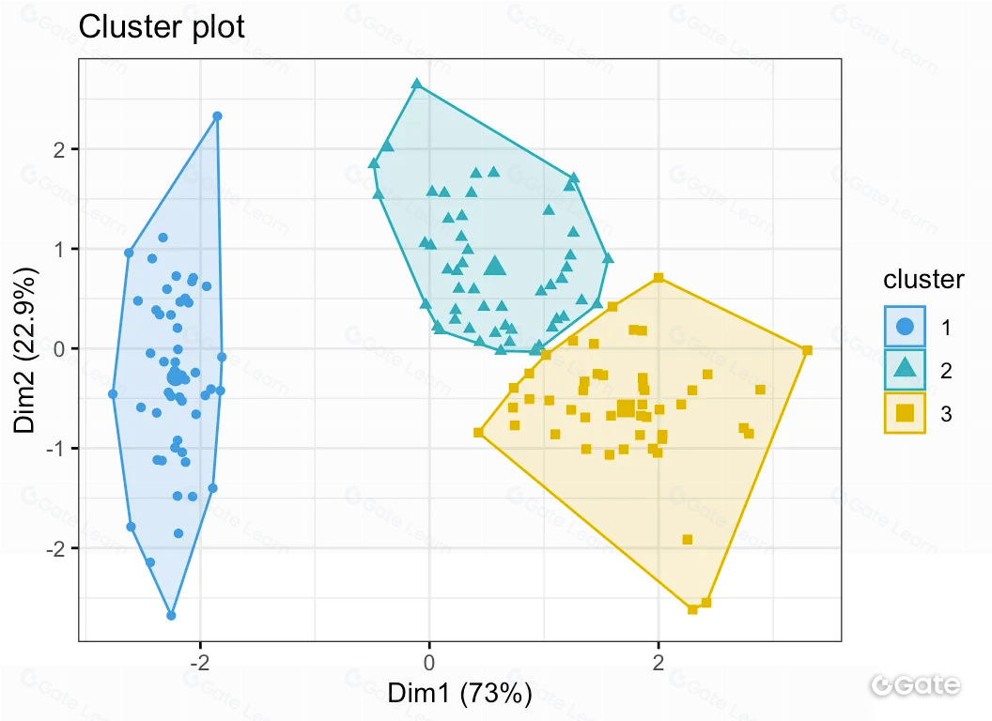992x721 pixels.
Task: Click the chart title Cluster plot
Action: point(162,27)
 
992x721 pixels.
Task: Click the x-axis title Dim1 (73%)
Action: point(460,694)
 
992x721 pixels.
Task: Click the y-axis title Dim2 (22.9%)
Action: point(27,349)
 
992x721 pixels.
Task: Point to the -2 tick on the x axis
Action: point(199,663)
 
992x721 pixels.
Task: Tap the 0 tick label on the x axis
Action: point(429,663)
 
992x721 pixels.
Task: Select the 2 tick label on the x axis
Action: point(659,663)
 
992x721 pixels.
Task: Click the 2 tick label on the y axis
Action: point(60,149)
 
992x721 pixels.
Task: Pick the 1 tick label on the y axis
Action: point(60,249)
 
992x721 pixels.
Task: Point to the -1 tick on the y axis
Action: point(56,449)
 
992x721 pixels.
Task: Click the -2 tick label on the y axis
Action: point(56,548)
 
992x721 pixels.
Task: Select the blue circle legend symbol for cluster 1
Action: point(905,327)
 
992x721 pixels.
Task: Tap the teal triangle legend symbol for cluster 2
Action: point(905,370)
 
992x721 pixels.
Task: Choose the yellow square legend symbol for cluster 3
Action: point(905,413)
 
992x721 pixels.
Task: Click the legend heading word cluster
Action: point(923,279)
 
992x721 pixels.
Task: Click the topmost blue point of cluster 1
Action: point(217,116)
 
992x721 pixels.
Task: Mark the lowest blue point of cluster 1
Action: point(171,615)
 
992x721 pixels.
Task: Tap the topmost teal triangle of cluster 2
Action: point(416,84)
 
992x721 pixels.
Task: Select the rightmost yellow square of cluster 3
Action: point(807,350)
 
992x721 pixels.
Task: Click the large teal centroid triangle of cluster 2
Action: point(495,267)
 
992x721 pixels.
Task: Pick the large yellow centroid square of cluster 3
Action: point(626,407)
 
